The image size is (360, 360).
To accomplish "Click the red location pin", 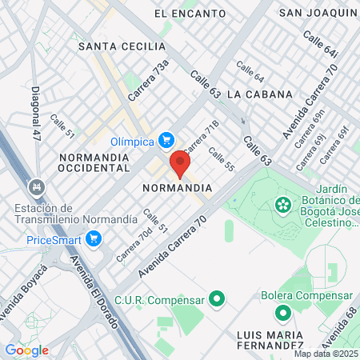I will (x=180, y=164).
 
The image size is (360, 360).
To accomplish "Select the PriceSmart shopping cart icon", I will (x=94, y=238).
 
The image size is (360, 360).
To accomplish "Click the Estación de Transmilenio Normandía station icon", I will (x=35, y=188).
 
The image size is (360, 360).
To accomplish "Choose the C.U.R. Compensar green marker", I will (x=215, y=300).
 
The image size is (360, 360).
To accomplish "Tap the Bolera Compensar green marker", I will (x=282, y=313).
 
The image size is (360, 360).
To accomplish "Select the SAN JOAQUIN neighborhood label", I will (x=317, y=13).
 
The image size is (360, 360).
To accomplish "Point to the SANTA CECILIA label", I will (x=121, y=46).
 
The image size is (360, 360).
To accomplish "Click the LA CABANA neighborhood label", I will (x=260, y=94).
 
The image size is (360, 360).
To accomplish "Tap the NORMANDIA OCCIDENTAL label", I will (x=94, y=163).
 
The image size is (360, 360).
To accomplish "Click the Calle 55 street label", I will (x=221, y=160).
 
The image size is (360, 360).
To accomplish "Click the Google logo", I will (x=26, y=350).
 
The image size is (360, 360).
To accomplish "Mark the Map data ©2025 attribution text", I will (x=325, y=354).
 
